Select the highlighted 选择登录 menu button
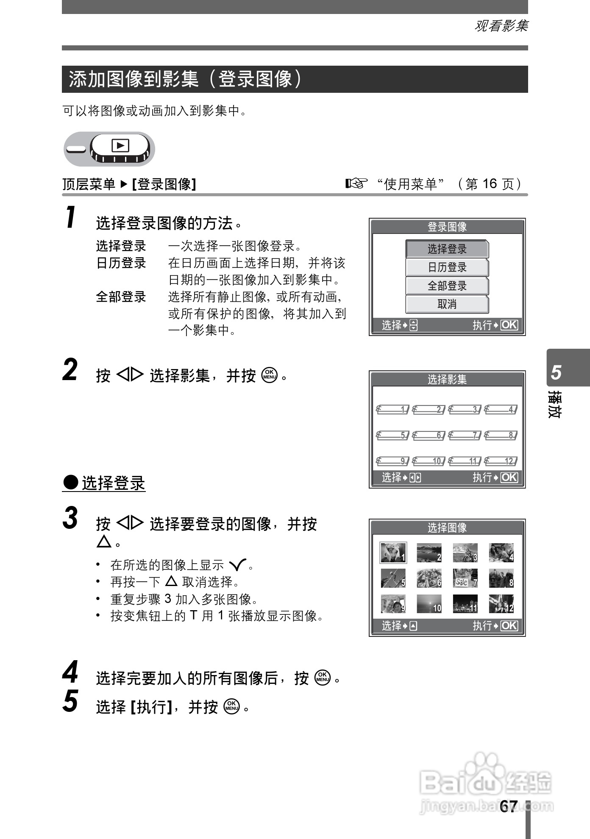(x=447, y=249)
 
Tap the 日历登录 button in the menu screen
(x=447, y=267)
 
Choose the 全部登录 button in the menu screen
(x=447, y=286)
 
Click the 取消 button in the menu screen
(x=447, y=304)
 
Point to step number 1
(x=71, y=217)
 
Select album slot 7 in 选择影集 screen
(x=465, y=435)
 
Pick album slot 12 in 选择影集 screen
(x=501, y=461)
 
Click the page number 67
(x=508, y=806)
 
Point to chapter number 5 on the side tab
(x=556, y=372)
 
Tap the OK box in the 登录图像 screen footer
(x=509, y=325)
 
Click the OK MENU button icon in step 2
(x=270, y=375)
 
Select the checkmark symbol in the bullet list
(x=237, y=565)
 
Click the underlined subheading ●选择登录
(x=104, y=483)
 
